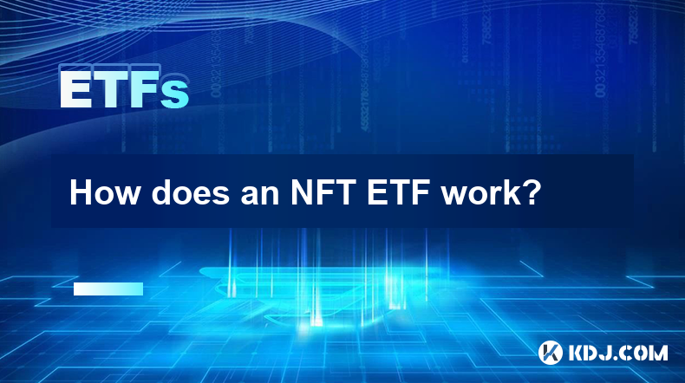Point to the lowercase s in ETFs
(x=175, y=94)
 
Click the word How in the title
(x=104, y=192)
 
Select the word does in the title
(x=191, y=192)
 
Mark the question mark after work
(x=532, y=192)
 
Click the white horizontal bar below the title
(x=108, y=289)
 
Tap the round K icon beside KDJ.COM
(x=551, y=353)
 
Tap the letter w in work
(x=454, y=196)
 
